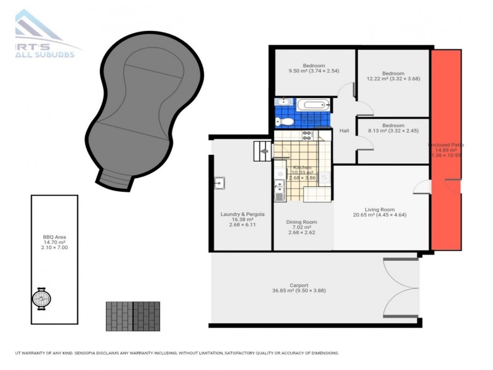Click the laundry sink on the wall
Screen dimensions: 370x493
tap(219, 183)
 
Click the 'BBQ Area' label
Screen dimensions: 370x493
tap(54, 236)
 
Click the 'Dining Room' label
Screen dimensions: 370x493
tap(302, 222)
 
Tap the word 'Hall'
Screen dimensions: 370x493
tap(344, 130)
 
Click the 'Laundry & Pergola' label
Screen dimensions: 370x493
tap(242, 215)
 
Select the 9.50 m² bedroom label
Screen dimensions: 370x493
tap(313, 66)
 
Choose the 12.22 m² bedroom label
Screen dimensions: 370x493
tap(393, 73)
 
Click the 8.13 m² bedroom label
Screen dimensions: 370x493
tap(393, 125)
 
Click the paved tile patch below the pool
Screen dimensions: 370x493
tap(132, 315)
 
